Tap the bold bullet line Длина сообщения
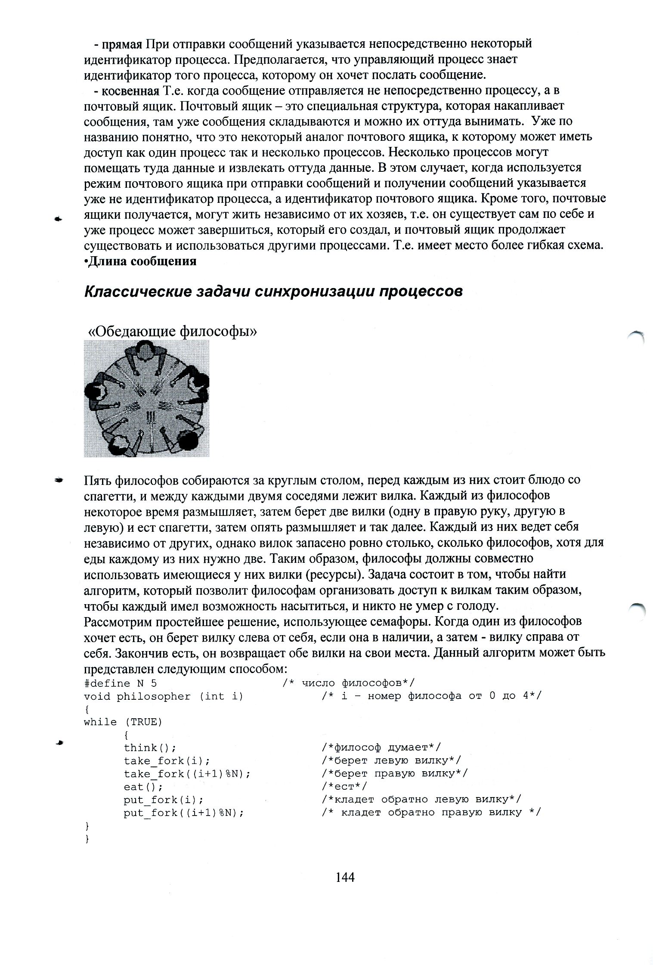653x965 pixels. coord(142,261)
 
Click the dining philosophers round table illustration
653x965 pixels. coord(146,398)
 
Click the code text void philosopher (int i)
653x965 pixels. coord(164,696)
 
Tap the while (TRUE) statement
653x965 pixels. coord(123,722)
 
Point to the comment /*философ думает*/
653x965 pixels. coord(381,748)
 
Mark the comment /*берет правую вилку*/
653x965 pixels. coord(394,774)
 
